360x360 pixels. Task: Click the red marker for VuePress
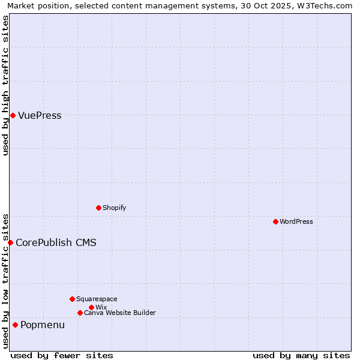click(x=13, y=115)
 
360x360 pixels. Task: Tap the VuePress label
click(x=40, y=116)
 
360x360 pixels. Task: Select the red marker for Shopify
click(x=98, y=208)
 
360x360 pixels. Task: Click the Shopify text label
click(x=114, y=208)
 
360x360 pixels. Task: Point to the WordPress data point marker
click(x=275, y=221)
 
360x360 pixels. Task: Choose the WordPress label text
click(x=296, y=222)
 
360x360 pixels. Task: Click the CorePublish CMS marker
click(x=10, y=242)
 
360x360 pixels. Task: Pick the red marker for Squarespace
click(x=72, y=299)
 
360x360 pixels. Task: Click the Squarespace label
click(x=97, y=299)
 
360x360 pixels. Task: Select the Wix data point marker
click(x=91, y=307)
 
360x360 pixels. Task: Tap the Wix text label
click(x=101, y=308)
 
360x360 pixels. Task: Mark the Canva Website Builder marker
click(x=80, y=313)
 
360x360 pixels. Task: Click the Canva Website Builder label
click(x=119, y=313)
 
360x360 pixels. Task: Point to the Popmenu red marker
click(x=15, y=325)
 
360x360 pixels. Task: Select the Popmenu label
click(x=43, y=325)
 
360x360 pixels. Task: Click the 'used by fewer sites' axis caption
click(x=62, y=355)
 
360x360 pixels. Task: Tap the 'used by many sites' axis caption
click(x=301, y=355)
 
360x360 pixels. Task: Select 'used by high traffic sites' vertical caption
click(x=5, y=85)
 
